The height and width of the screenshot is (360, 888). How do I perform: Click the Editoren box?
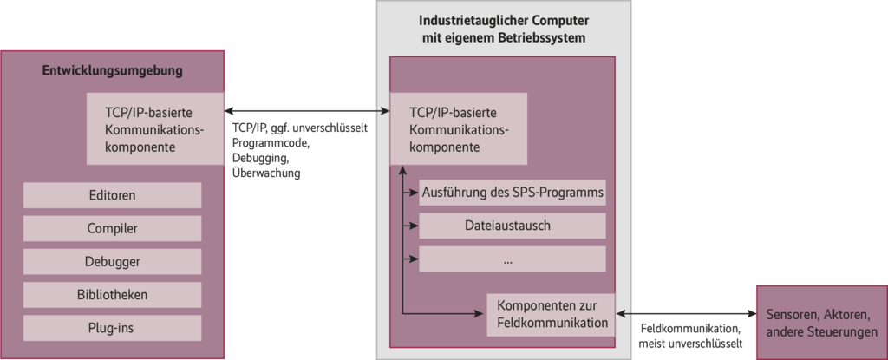click(x=112, y=195)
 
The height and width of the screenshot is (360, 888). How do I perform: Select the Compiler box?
click(x=112, y=228)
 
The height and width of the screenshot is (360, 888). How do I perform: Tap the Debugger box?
click(x=112, y=261)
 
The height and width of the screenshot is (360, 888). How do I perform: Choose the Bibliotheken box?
click(x=112, y=294)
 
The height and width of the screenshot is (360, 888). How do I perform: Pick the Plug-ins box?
click(x=112, y=327)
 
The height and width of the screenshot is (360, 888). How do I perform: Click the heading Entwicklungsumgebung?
click(x=113, y=71)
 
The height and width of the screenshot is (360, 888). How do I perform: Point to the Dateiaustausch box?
click(x=512, y=226)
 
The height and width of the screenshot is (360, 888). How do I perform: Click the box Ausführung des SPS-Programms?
click(x=512, y=192)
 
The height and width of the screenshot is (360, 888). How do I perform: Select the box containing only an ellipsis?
click(x=512, y=259)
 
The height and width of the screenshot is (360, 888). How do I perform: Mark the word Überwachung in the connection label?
click(x=266, y=174)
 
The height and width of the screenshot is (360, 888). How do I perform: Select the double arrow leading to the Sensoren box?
click(x=686, y=313)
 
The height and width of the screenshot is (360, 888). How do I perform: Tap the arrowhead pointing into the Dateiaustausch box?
click(x=415, y=226)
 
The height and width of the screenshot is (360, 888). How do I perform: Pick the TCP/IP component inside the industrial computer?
click(x=457, y=129)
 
